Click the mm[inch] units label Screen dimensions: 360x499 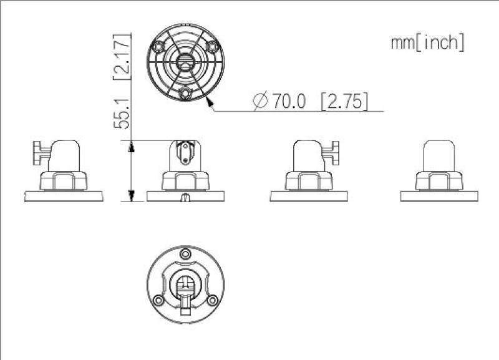[x=427, y=42]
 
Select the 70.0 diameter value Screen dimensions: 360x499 [x=288, y=101]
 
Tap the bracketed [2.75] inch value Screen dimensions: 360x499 [x=344, y=101]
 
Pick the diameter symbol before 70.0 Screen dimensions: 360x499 [x=261, y=101]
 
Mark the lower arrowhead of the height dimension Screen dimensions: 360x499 [x=131, y=195]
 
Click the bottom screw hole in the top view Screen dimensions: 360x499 [x=185, y=93]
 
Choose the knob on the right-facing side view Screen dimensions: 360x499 [x=336, y=152]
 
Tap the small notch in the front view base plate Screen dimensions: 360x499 [x=185, y=198]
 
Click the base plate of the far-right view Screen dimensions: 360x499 [x=439, y=196]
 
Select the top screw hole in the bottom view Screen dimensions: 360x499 [x=185, y=255]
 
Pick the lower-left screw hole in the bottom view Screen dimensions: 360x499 [x=159, y=300]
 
